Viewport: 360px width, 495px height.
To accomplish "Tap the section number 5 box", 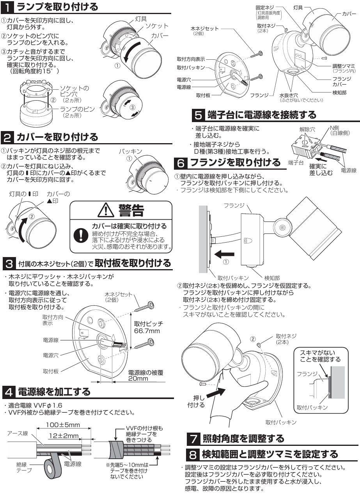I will point(198,115).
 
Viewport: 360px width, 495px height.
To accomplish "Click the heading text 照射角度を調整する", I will point(243,438).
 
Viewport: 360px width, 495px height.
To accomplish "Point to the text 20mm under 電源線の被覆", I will point(138,378).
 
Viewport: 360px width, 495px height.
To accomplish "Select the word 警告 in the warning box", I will point(131,211).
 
